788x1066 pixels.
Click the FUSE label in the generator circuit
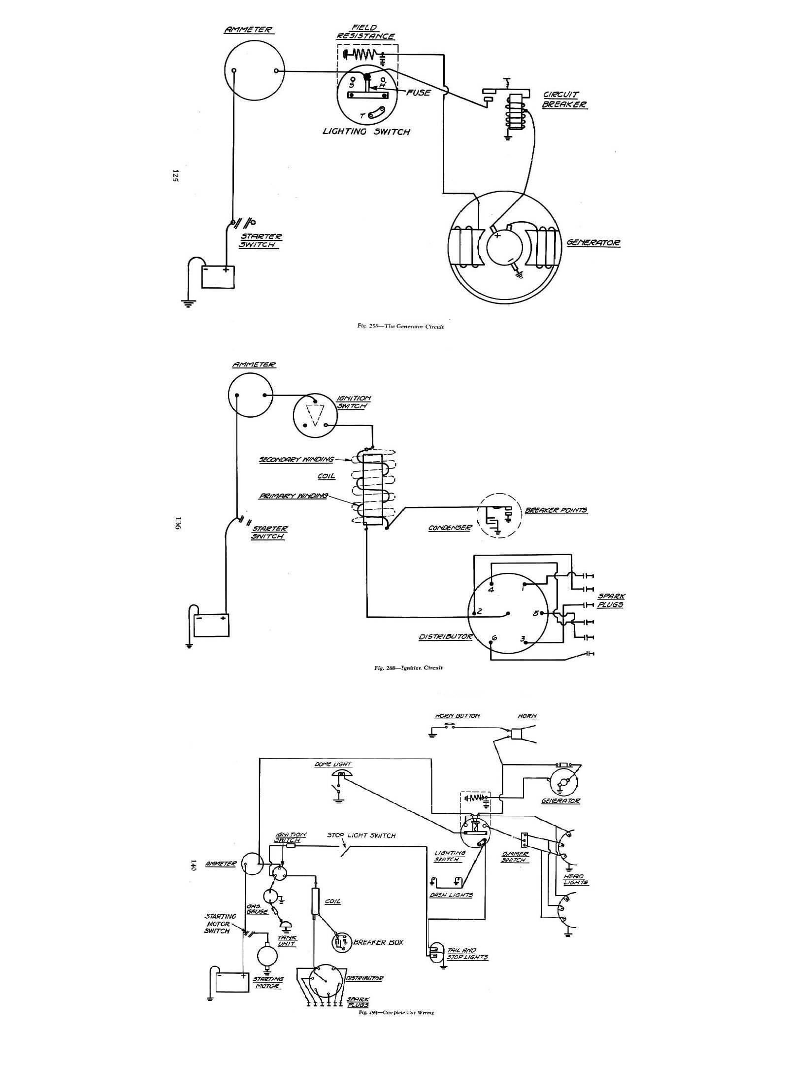(x=418, y=93)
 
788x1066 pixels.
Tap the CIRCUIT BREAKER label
(x=564, y=100)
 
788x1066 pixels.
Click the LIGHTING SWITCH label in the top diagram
(x=366, y=132)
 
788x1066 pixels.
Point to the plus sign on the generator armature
(x=497, y=235)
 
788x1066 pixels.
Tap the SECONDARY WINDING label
(x=296, y=460)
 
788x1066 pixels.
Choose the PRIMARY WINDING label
(x=294, y=496)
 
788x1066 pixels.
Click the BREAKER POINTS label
(x=556, y=510)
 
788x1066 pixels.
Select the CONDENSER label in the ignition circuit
(x=450, y=528)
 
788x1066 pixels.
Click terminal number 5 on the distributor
(x=535, y=613)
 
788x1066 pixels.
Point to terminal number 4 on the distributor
(x=491, y=590)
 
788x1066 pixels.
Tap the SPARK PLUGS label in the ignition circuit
(x=611, y=600)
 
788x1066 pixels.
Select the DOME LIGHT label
(x=340, y=765)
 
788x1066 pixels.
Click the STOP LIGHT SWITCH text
(x=361, y=835)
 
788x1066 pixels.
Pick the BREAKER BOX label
(x=378, y=942)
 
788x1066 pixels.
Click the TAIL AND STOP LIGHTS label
(x=467, y=954)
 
